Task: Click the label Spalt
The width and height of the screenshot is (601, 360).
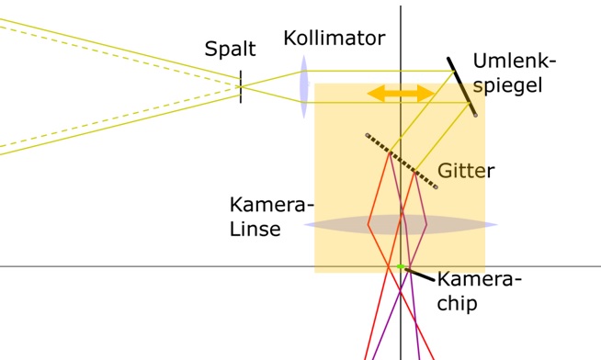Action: [230, 49]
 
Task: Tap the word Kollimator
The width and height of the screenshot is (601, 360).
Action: [334, 39]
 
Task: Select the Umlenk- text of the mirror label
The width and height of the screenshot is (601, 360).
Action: [515, 62]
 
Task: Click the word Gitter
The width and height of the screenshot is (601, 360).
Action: [466, 171]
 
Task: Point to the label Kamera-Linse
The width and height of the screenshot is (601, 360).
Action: [270, 216]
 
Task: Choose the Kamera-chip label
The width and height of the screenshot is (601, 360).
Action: [478, 290]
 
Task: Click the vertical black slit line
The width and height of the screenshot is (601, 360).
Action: [241, 86]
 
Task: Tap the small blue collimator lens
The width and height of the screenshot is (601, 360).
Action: [302, 86]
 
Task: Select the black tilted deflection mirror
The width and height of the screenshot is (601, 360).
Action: [462, 88]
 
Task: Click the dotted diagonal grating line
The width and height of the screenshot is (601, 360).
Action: [401, 162]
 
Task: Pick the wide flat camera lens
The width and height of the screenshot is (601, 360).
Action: [401, 224]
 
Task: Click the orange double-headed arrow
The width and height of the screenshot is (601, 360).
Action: [401, 94]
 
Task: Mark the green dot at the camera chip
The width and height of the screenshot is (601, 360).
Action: [401, 267]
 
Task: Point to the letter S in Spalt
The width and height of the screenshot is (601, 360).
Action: [211, 49]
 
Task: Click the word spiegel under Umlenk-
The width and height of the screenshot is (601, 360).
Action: [508, 86]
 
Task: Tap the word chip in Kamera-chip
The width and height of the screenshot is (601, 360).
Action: [457, 303]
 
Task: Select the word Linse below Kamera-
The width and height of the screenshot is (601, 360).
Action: [255, 229]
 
